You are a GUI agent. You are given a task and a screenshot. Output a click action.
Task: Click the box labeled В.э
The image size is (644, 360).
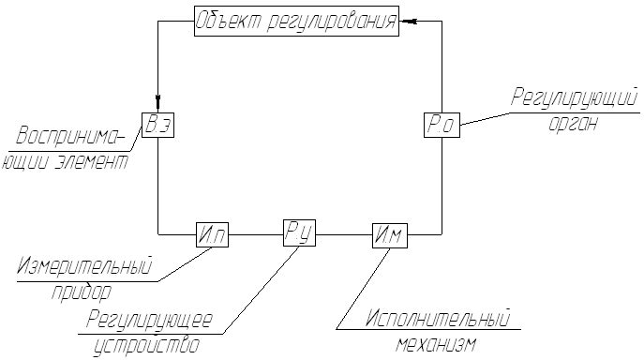tap(158, 125)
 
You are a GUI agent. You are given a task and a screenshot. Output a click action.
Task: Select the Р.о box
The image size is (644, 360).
tap(442, 125)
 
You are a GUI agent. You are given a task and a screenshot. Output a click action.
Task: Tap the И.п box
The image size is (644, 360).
tap(212, 234)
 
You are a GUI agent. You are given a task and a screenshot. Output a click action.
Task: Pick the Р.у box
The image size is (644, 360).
tap(299, 233)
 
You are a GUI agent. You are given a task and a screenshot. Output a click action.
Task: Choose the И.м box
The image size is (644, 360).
tap(390, 235)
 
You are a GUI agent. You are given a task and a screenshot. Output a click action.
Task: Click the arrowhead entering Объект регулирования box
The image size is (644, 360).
tap(408, 22)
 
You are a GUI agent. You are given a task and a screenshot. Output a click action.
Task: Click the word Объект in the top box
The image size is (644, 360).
tap(227, 22)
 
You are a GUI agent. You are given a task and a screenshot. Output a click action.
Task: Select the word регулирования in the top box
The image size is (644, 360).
tap(332, 22)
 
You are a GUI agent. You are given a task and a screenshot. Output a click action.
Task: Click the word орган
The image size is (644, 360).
tap(573, 124)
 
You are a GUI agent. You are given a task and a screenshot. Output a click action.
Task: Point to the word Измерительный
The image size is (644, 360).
tap(84, 265)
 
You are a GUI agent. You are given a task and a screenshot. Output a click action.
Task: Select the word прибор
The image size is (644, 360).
tap(82, 292)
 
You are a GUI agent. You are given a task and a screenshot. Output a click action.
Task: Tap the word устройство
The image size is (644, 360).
tap(146, 345)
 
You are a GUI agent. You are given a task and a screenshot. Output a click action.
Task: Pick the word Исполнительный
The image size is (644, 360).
tap(438, 318)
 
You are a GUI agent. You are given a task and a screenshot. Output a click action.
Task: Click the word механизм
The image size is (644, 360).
tap(436, 344)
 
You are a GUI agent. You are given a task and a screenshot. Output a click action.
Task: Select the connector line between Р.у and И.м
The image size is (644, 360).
tap(344, 235)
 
